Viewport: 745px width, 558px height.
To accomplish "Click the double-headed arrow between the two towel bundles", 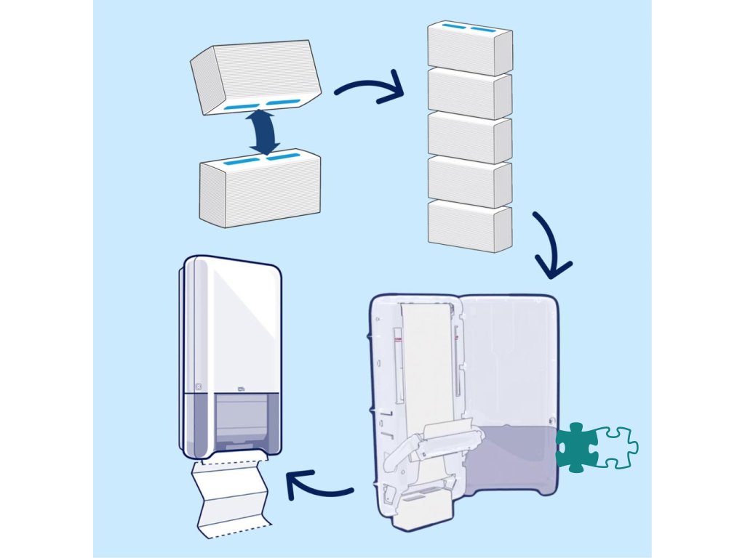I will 263,132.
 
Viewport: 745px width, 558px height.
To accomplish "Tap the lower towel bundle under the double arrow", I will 260,190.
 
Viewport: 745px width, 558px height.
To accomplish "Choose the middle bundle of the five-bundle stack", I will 469,137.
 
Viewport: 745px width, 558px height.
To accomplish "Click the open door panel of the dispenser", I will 509,378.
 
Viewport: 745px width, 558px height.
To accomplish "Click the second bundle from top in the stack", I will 469,92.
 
